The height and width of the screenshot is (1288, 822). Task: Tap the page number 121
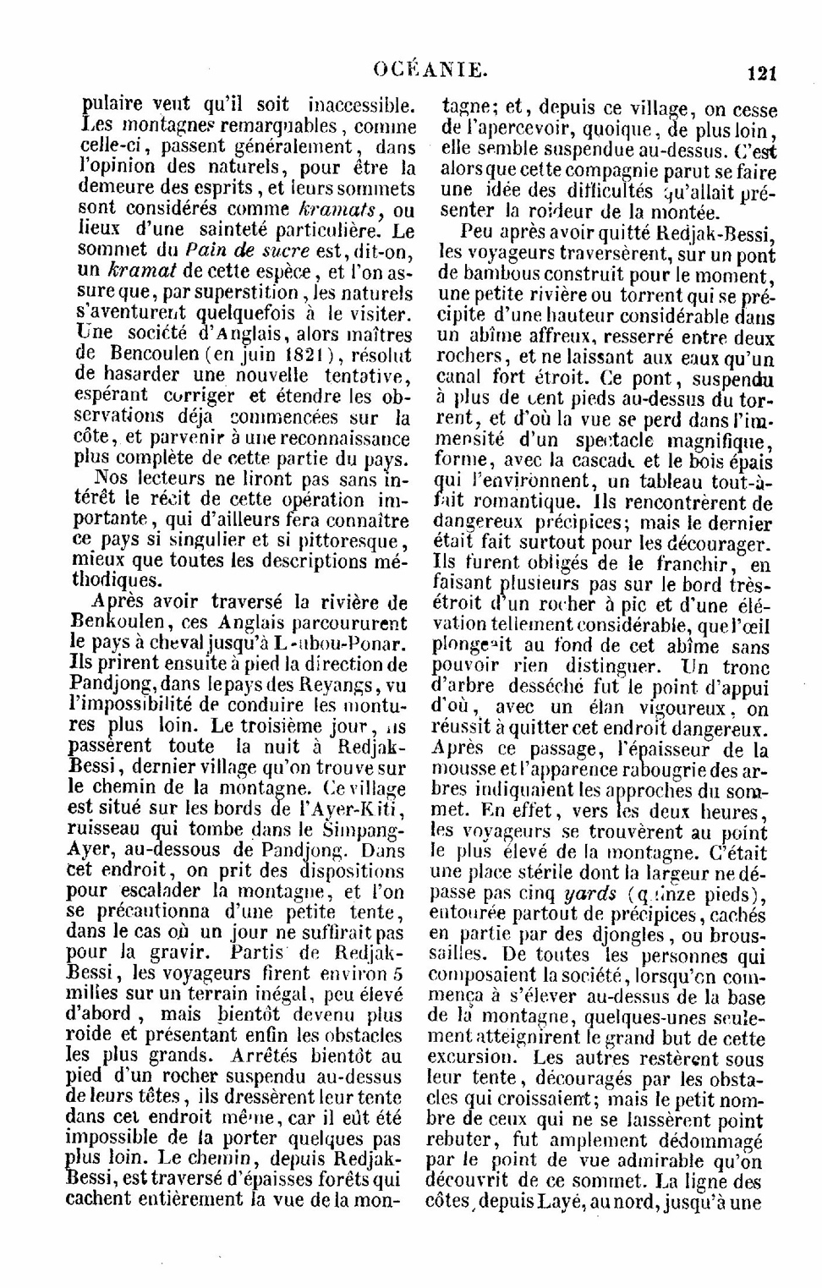click(762, 74)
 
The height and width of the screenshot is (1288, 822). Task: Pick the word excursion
click(470, 1058)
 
